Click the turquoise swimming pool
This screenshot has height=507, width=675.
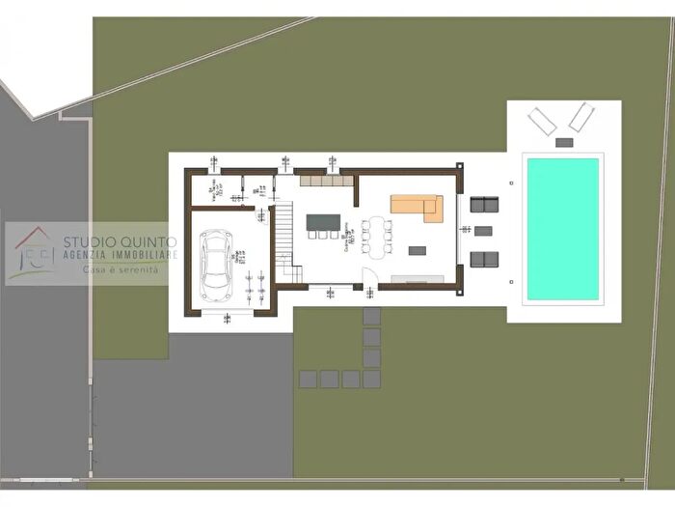[563, 229]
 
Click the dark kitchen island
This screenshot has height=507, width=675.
[324, 222]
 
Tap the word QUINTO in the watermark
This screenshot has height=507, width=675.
[145, 241]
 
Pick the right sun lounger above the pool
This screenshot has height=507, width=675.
[580, 118]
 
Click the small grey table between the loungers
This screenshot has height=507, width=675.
[564, 142]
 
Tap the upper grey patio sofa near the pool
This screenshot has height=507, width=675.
[484, 204]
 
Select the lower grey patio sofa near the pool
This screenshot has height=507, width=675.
[484, 259]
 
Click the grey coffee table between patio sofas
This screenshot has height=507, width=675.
[483, 231]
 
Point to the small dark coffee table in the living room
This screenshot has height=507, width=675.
[418, 250]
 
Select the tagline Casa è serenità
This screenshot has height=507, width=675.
[120, 270]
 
